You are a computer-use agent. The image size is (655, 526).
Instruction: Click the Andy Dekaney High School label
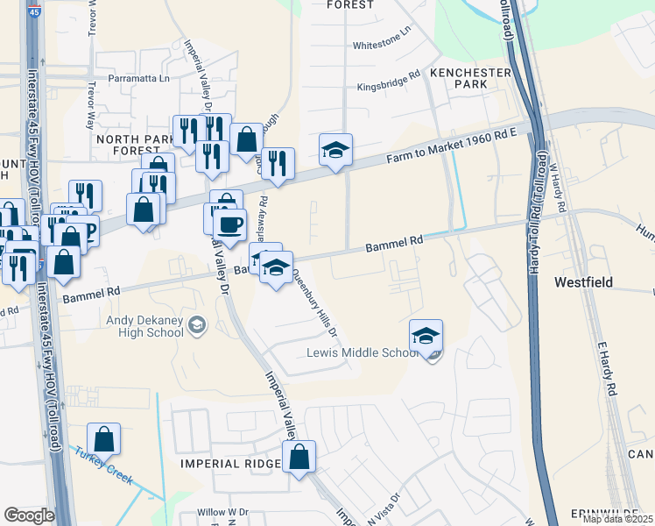click(145, 326)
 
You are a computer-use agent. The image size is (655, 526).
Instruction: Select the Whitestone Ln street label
click(381, 44)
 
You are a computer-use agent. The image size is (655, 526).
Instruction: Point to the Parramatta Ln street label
click(138, 78)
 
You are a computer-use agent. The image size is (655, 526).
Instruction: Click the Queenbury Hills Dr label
click(313, 302)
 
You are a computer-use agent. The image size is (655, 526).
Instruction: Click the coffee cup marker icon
click(229, 224)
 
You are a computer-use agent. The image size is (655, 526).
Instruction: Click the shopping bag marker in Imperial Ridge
click(299, 456)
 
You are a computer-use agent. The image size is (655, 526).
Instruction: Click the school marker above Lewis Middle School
click(426, 335)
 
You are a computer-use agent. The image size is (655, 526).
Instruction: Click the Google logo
click(29, 515)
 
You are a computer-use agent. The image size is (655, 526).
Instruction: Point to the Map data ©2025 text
click(616, 519)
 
